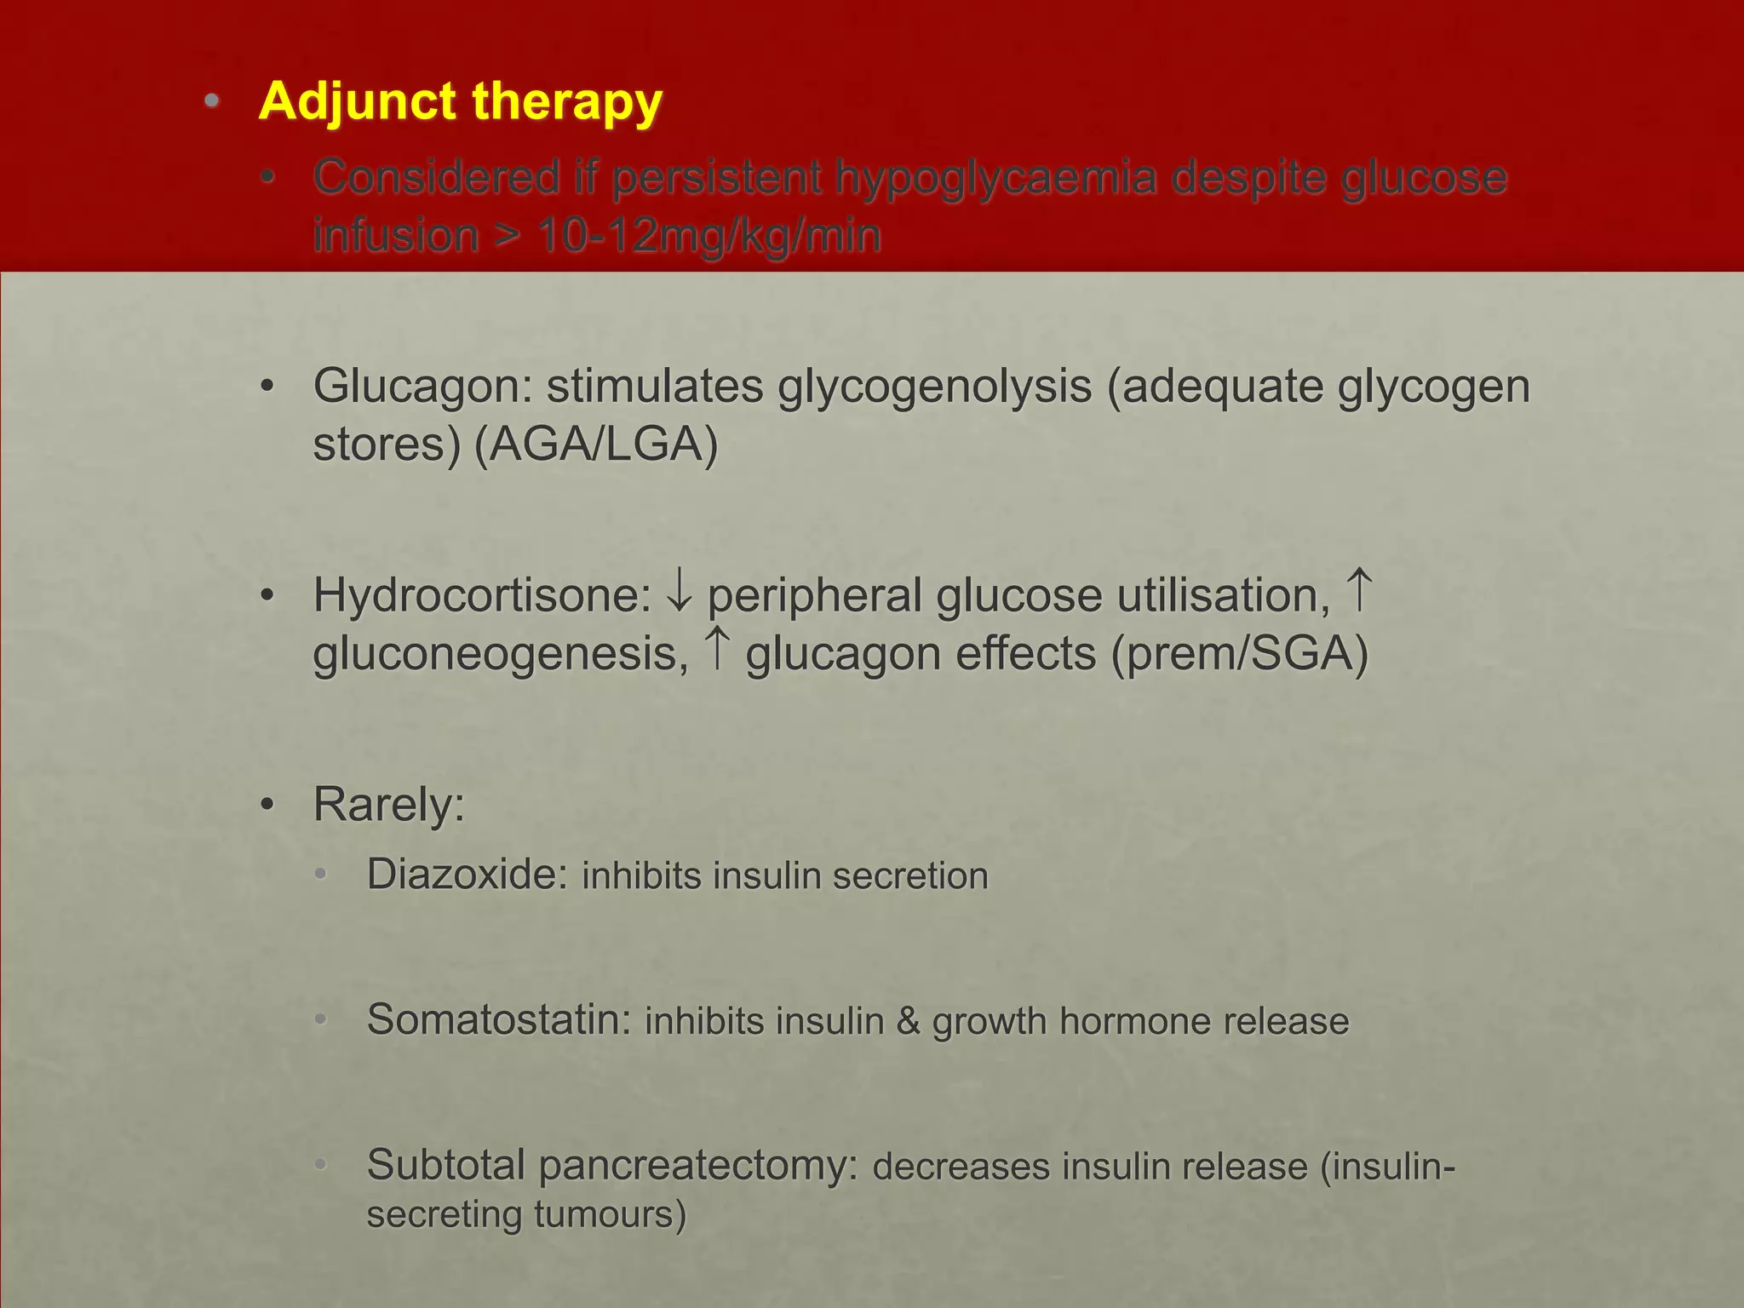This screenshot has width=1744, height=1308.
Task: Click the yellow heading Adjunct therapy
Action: [460, 102]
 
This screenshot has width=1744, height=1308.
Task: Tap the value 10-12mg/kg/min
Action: [708, 236]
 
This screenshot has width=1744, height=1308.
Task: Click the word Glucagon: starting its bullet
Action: [422, 387]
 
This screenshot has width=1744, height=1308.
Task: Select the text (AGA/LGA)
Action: [596, 445]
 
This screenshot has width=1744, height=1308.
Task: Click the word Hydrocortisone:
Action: [482, 595]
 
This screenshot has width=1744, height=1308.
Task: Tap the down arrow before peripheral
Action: [680, 592]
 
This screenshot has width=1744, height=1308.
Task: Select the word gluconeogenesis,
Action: [501, 655]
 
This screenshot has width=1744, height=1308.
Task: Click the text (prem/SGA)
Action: [1239, 655]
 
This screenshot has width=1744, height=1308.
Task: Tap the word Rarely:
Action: [389, 805]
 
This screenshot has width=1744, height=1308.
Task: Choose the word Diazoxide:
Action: [468, 875]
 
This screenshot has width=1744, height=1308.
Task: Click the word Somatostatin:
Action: [499, 1019]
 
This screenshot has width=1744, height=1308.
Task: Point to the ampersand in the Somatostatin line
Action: [908, 1021]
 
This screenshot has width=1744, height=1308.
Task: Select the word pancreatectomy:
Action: [698, 1165]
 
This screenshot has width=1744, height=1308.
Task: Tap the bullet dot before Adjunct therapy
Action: [212, 102]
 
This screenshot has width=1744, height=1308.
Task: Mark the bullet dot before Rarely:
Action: [267, 805]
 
